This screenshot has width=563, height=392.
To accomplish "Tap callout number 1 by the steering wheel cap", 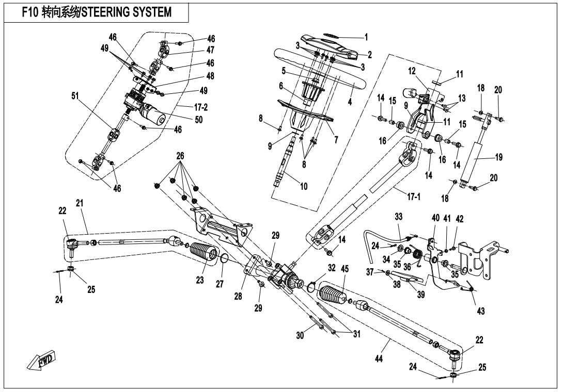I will pyautogui.click(x=366, y=37).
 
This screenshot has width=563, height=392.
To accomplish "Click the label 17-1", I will pyautogui.click(x=404, y=196).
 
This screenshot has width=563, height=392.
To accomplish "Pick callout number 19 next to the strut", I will pyautogui.click(x=499, y=157).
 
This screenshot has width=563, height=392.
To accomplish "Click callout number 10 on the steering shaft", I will pyautogui.click(x=304, y=186).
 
